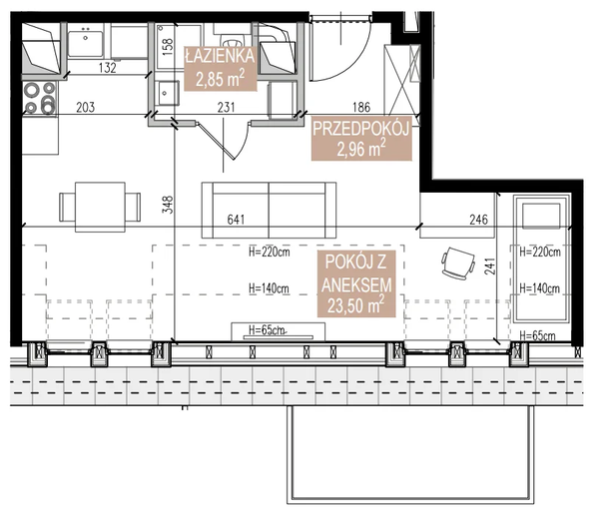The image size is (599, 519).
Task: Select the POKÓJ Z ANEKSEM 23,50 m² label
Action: pyautogui.click(x=353, y=284)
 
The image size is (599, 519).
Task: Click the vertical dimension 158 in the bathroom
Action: pyautogui.click(x=168, y=47)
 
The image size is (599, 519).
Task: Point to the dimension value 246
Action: pyautogui.click(x=479, y=221)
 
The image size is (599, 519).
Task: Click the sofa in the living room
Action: pyautogui.click(x=268, y=207)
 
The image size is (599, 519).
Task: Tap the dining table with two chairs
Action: pyautogui.click(x=93, y=206)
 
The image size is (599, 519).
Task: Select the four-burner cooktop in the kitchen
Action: pyautogui.click(x=39, y=98)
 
